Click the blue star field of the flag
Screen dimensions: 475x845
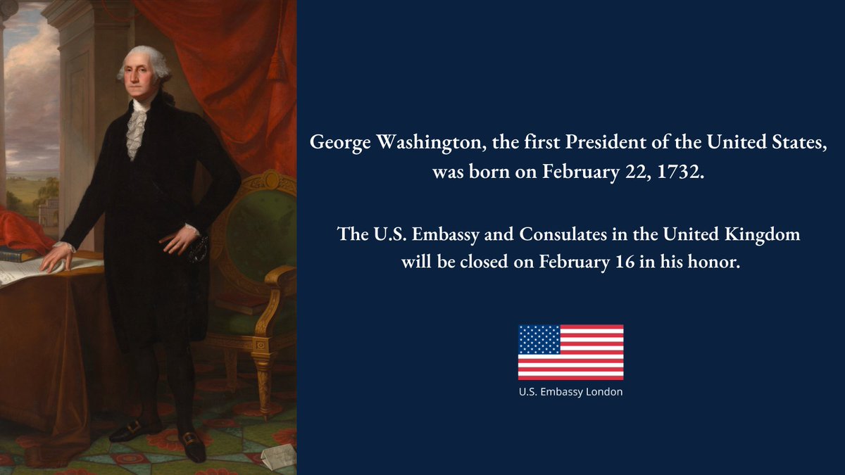[539, 339]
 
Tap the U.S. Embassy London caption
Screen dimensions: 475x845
[570, 392]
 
